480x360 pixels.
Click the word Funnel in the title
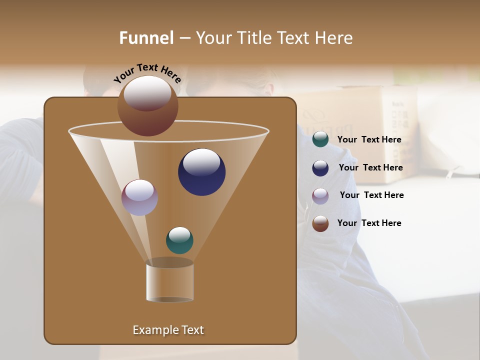(x=146, y=38)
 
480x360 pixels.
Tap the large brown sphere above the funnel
(x=148, y=106)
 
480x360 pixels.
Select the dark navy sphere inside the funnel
(x=202, y=172)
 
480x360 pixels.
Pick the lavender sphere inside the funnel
(x=140, y=197)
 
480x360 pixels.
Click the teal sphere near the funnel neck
(x=179, y=240)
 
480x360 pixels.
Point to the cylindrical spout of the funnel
(x=170, y=282)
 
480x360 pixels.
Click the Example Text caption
(x=168, y=330)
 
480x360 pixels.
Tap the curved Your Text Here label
(x=147, y=73)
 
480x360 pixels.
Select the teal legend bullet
(x=320, y=139)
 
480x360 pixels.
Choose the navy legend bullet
(x=320, y=168)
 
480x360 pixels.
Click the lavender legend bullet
(x=320, y=196)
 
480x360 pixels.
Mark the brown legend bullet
(x=320, y=223)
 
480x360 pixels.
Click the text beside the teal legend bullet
(x=369, y=140)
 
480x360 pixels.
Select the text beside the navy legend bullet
(x=370, y=167)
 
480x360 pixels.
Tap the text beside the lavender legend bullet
(x=371, y=195)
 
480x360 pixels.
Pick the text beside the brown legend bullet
(x=369, y=223)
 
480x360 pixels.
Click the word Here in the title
(x=334, y=38)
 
